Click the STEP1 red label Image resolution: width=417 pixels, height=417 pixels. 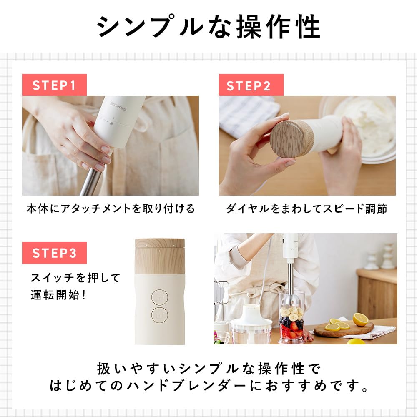[54, 85]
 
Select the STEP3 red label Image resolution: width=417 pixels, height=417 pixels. [54, 253]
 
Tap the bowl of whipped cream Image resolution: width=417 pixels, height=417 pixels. [367, 121]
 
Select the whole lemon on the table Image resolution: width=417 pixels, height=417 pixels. [360, 319]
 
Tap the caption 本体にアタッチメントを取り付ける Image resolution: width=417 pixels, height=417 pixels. [111, 209]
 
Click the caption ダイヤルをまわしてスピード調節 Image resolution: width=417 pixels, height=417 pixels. [306, 209]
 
